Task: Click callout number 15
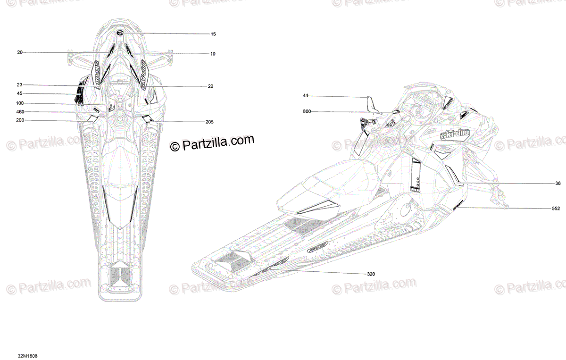[x=213, y=34]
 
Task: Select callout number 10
[x=213, y=54]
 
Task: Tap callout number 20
[x=20, y=52]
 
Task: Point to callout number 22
[x=210, y=86]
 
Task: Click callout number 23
[x=19, y=85]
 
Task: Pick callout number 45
[x=19, y=93]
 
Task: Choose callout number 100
[x=19, y=103]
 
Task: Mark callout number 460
[x=20, y=112]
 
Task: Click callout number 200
[x=20, y=120]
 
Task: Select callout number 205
[x=209, y=122]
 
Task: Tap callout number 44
[x=305, y=96]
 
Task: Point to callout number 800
[x=307, y=111]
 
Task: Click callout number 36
[x=558, y=183]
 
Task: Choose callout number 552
[x=556, y=208]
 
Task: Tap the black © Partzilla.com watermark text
[x=212, y=143]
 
